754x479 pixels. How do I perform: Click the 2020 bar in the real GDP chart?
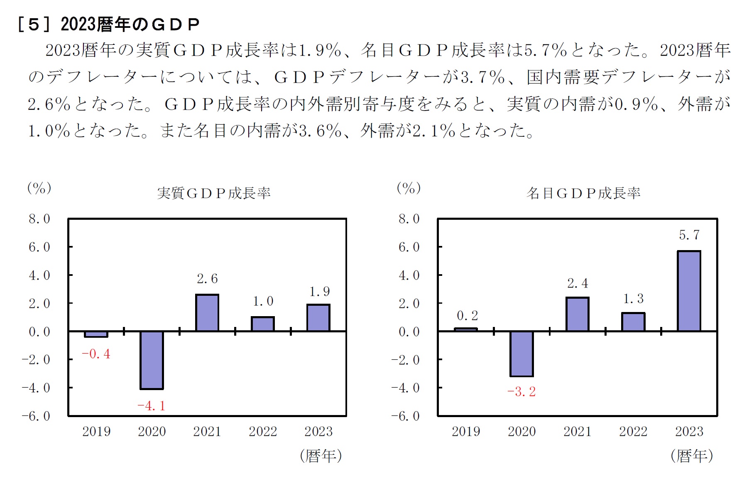(152, 360)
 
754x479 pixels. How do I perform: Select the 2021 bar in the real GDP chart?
(207, 313)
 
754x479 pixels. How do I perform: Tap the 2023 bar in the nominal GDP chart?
(689, 291)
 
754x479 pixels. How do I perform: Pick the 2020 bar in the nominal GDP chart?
(521, 354)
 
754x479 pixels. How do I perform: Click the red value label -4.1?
(151, 405)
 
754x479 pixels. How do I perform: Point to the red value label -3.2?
(521, 392)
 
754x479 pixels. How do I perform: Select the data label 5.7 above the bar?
(689, 235)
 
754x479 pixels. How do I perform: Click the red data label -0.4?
(96, 354)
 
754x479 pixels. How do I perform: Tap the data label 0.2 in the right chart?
(467, 316)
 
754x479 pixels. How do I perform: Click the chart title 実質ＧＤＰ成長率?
(213, 193)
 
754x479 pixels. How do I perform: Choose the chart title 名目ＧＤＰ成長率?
(583, 193)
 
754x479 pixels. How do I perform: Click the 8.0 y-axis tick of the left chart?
(39, 219)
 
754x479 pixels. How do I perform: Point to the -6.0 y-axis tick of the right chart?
(405, 416)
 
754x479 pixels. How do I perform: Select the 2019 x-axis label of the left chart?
(96, 432)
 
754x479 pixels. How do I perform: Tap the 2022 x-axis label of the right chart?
(633, 432)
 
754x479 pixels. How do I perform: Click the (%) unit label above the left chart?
(39, 188)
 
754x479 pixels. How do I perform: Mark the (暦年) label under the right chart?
(692, 456)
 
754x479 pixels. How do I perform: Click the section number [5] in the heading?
(34, 25)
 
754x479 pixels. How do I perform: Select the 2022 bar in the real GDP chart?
(263, 324)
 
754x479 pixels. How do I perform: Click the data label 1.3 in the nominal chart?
(633, 299)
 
